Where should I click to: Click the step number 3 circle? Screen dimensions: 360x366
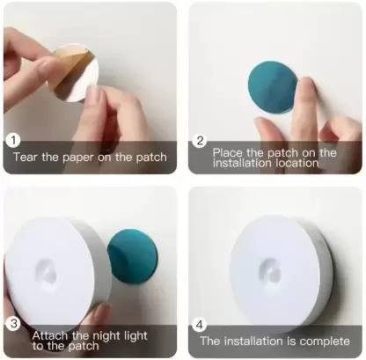click(13, 322)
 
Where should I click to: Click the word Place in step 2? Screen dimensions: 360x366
click(229, 151)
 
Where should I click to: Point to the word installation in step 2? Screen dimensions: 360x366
click(242, 163)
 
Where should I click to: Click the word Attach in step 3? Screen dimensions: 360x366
click(51, 334)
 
